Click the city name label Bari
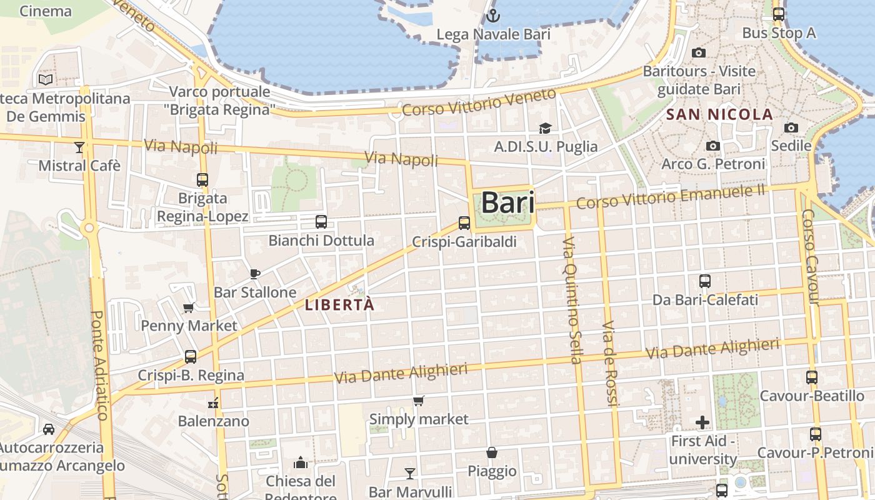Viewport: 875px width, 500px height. [x=507, y=202]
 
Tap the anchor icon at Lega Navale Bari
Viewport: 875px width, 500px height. [x=493, y=16]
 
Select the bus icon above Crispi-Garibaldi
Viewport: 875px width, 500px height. [x=464, y=223]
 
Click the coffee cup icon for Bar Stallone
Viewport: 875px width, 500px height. [x=254, y=274]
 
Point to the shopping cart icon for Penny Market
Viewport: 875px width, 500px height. [x=188, y=307]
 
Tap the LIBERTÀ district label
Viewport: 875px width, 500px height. [x=339, y=305]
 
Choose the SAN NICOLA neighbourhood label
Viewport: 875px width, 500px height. [x=719, y=115]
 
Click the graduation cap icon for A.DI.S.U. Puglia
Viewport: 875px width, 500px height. [x=545, y=129]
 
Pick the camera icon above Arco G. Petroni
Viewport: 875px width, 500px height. [x=712, y=146]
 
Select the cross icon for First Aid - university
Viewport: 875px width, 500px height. [x=702, y=423]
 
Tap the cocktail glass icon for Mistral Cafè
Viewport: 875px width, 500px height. [x=79, y=147]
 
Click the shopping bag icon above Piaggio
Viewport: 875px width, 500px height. [x=492, y=452]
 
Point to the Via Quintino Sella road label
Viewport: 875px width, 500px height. [x=572, y=300]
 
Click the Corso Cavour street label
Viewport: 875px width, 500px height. [x=809, y=257]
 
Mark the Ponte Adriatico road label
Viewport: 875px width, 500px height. [x=100, y=366]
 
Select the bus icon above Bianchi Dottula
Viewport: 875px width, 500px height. [x=321, y=222]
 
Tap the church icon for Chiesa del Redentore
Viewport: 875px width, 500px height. [x=301, y=463]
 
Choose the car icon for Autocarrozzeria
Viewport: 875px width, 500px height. [x=49, y=429]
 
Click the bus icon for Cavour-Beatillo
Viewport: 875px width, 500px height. [x=812, y=377]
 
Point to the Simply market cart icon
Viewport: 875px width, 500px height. [x=418, y=401]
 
